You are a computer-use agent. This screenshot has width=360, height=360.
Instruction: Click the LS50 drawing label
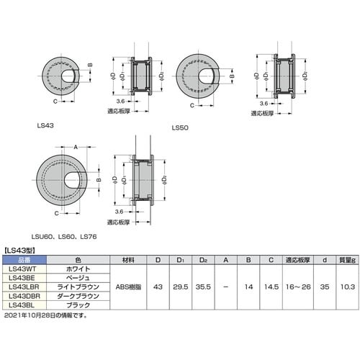(179, 129)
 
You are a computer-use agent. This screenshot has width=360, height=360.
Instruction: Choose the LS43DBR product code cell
(23, 295)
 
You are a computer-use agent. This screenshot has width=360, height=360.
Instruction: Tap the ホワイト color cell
(77, 268)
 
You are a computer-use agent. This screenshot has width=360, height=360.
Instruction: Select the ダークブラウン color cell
(77, 295)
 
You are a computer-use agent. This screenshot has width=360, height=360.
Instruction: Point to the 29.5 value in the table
(182, 286)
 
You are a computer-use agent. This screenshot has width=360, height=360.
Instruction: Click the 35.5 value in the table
(206, 286)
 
